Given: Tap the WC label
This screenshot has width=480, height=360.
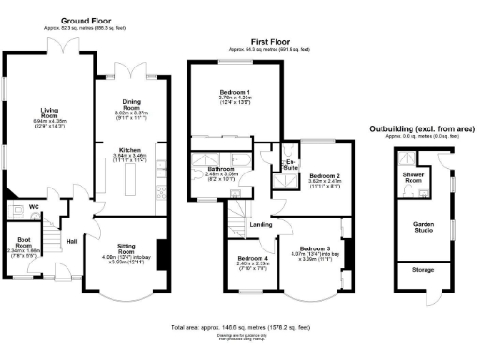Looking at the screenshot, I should point(33,206).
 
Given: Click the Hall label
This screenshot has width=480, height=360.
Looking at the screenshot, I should point(71,240).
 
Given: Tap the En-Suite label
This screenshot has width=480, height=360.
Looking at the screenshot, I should point(291,166).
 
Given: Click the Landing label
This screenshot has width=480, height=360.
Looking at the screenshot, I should point(262,225).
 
